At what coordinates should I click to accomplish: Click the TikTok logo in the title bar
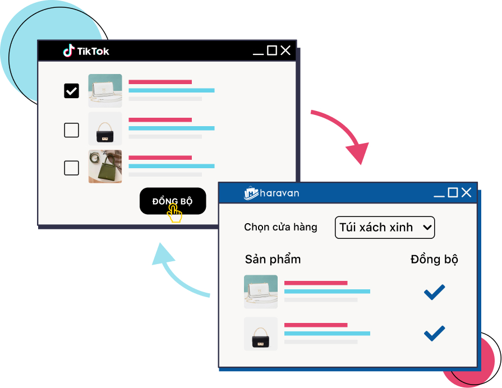(86, 51)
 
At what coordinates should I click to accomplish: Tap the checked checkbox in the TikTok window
(71, 90)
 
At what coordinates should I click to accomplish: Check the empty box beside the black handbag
(71, 130)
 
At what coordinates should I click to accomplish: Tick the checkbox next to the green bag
(71, 168)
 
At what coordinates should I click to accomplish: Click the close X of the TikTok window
(285, 50)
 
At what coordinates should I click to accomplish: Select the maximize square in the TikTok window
(272, 50)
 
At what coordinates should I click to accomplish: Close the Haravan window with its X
(466, 193)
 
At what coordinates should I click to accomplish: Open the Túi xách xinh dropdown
(385, 227)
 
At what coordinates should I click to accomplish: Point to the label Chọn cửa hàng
(280, 227)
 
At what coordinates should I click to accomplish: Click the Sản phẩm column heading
(273, 259)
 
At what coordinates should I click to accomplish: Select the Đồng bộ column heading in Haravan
(434, 259)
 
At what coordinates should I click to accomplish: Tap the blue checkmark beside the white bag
(434, 292)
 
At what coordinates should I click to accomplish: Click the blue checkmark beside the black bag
(434, 333)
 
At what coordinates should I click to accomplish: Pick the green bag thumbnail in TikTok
(105, 167)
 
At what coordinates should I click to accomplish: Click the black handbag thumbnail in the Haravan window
(261, 334)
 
